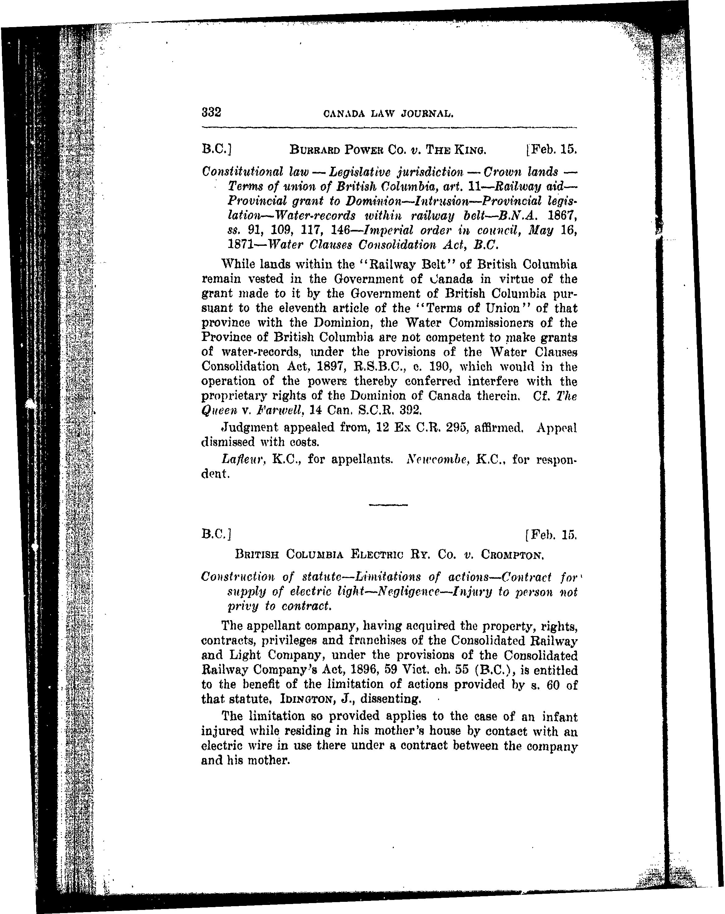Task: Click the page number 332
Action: (211, 112)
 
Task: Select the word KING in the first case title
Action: (470, 150)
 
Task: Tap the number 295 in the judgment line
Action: (444, 428)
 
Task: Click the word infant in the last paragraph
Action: (559, 717)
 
